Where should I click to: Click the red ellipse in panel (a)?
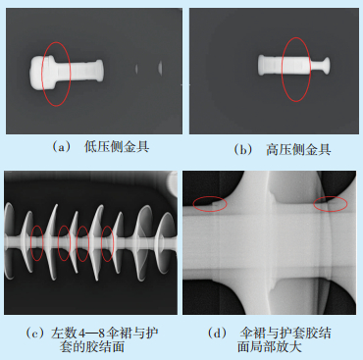41,74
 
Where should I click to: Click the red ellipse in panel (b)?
283,70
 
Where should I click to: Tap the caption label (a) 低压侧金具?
101,147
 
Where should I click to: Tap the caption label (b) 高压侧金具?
283,150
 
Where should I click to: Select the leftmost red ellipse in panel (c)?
30,243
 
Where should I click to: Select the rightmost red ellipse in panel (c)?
101,243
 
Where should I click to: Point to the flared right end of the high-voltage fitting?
326,66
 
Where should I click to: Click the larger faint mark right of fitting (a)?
160,68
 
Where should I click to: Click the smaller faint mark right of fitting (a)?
136,69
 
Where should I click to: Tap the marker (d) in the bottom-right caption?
217,334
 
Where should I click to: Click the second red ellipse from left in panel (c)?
58,243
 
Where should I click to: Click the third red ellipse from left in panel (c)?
77,243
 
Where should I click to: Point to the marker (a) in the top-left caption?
62,147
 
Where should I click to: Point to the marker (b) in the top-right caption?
243,150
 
